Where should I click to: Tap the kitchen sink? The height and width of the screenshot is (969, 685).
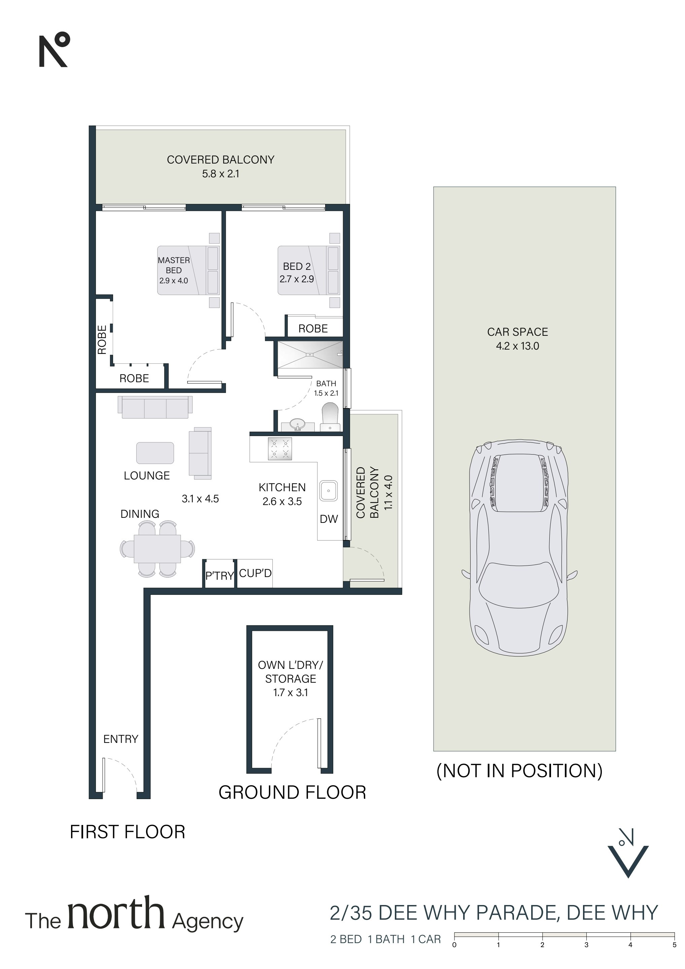click(328, 491)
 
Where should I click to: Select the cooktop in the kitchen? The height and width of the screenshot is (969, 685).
click(280, 448)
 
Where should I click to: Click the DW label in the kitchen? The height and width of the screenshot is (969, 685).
click(329, 519)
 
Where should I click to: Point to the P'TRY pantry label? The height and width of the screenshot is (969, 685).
click(219, 576)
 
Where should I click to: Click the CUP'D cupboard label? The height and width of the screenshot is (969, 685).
click(255, 573)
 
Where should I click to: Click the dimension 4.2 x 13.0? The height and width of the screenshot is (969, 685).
click(517, 346)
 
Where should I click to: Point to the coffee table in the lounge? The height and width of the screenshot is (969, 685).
click(155, 453)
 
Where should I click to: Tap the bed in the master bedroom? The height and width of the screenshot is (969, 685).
click(189, 271)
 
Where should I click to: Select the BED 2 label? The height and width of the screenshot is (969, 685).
click(297, 266)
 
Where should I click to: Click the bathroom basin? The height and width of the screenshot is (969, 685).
click(298, 423)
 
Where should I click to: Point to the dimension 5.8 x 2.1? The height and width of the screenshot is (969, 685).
click(220, 174)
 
